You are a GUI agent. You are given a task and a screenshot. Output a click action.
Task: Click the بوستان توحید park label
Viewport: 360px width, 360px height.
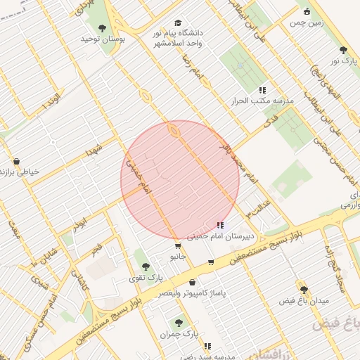pyautogui.click(x=103, y=40)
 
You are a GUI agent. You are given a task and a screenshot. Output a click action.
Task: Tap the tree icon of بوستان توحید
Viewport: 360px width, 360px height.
pyautogui.click(x=103, y=29)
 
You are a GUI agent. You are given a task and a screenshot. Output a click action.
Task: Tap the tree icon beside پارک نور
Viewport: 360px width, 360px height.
pyautogui.click(x=343, y=50)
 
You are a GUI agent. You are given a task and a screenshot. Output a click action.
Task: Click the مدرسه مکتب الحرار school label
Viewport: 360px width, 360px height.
pyautogui.click(x=262, y=101)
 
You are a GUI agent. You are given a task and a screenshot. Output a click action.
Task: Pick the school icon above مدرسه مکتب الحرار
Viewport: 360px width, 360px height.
pyautogui.click(x=262, y=90)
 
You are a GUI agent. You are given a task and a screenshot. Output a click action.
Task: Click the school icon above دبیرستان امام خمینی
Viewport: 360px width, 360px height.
pyautogui.click(x=221, y=226)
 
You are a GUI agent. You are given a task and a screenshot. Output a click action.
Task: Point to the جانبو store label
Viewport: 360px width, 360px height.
pyautogui.click(x=176, y=257)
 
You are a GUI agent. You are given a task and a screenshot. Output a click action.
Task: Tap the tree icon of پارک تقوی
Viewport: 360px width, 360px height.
pyautogui.click(x=146, y=267)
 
